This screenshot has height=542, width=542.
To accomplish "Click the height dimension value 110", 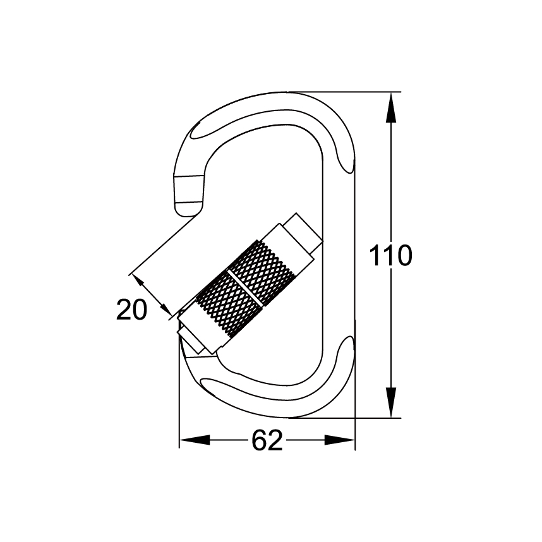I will pyautogui.click(x=390, y=256).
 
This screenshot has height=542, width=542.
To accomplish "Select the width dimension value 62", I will pyautogui.click(x=267, y=440).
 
